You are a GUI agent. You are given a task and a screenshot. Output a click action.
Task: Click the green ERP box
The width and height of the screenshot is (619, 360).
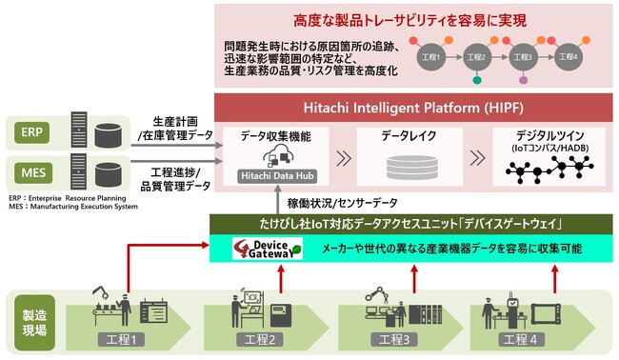click(x=31, y=131)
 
